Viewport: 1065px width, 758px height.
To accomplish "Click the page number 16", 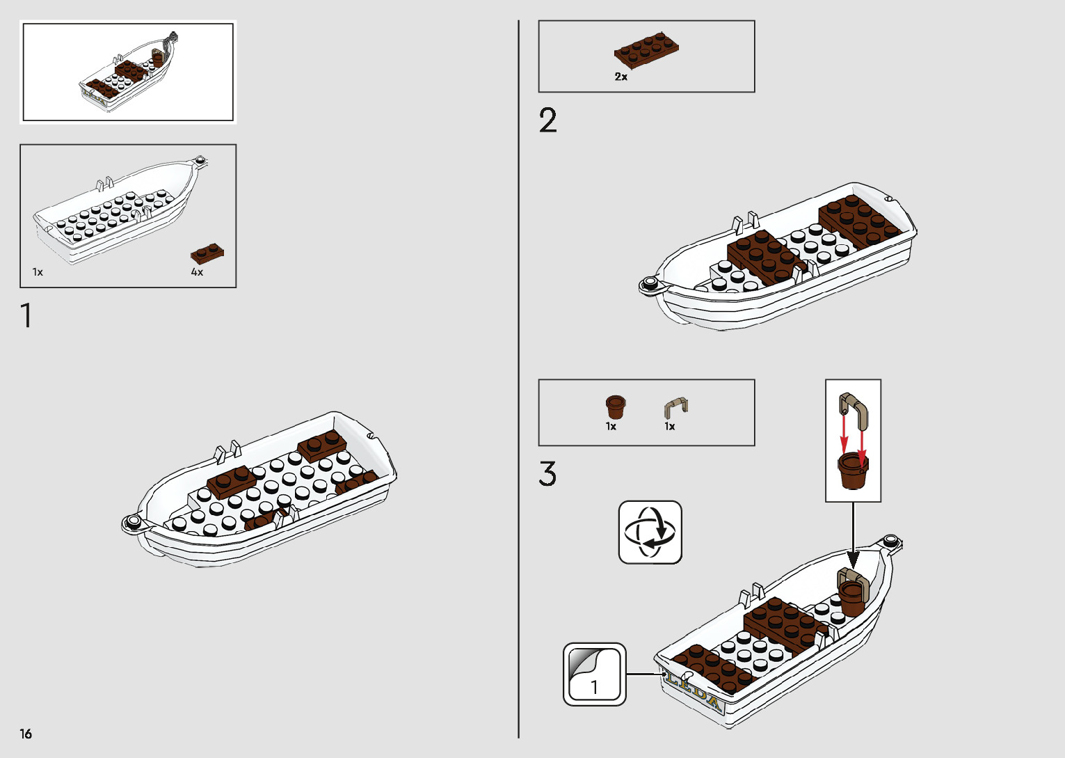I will [26, 734].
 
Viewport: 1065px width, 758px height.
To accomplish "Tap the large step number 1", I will [26, 315].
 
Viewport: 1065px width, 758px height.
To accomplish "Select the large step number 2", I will [547, 120].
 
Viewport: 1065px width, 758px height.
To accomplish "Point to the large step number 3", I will [547, 474].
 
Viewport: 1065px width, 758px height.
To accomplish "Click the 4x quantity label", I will [197, 272].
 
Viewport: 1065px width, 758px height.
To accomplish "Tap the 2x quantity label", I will [620, 77].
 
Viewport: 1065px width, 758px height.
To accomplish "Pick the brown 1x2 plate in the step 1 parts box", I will [207, 253].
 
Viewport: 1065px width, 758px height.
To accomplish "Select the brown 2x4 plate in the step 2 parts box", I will [646, 49].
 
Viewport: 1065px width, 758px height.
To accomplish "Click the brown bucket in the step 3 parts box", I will [616, 406].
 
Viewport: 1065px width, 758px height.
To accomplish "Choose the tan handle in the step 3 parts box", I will [675, 406].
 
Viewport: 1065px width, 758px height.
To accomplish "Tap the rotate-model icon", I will [650, 532].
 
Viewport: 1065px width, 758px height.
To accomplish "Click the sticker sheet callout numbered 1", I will [595, 674].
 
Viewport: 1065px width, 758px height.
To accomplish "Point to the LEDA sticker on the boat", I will [694, 688].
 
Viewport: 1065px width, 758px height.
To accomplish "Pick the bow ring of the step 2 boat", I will [650, 283].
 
